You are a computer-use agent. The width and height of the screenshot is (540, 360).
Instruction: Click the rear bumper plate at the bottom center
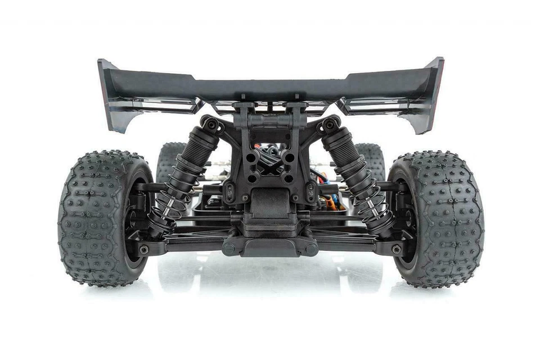[269, 245]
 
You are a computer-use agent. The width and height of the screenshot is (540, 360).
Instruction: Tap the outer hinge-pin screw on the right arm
[397, 249]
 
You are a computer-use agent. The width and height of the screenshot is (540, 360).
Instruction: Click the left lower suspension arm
[186, 242]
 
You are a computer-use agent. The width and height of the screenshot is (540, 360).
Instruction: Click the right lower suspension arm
[354, 242]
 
